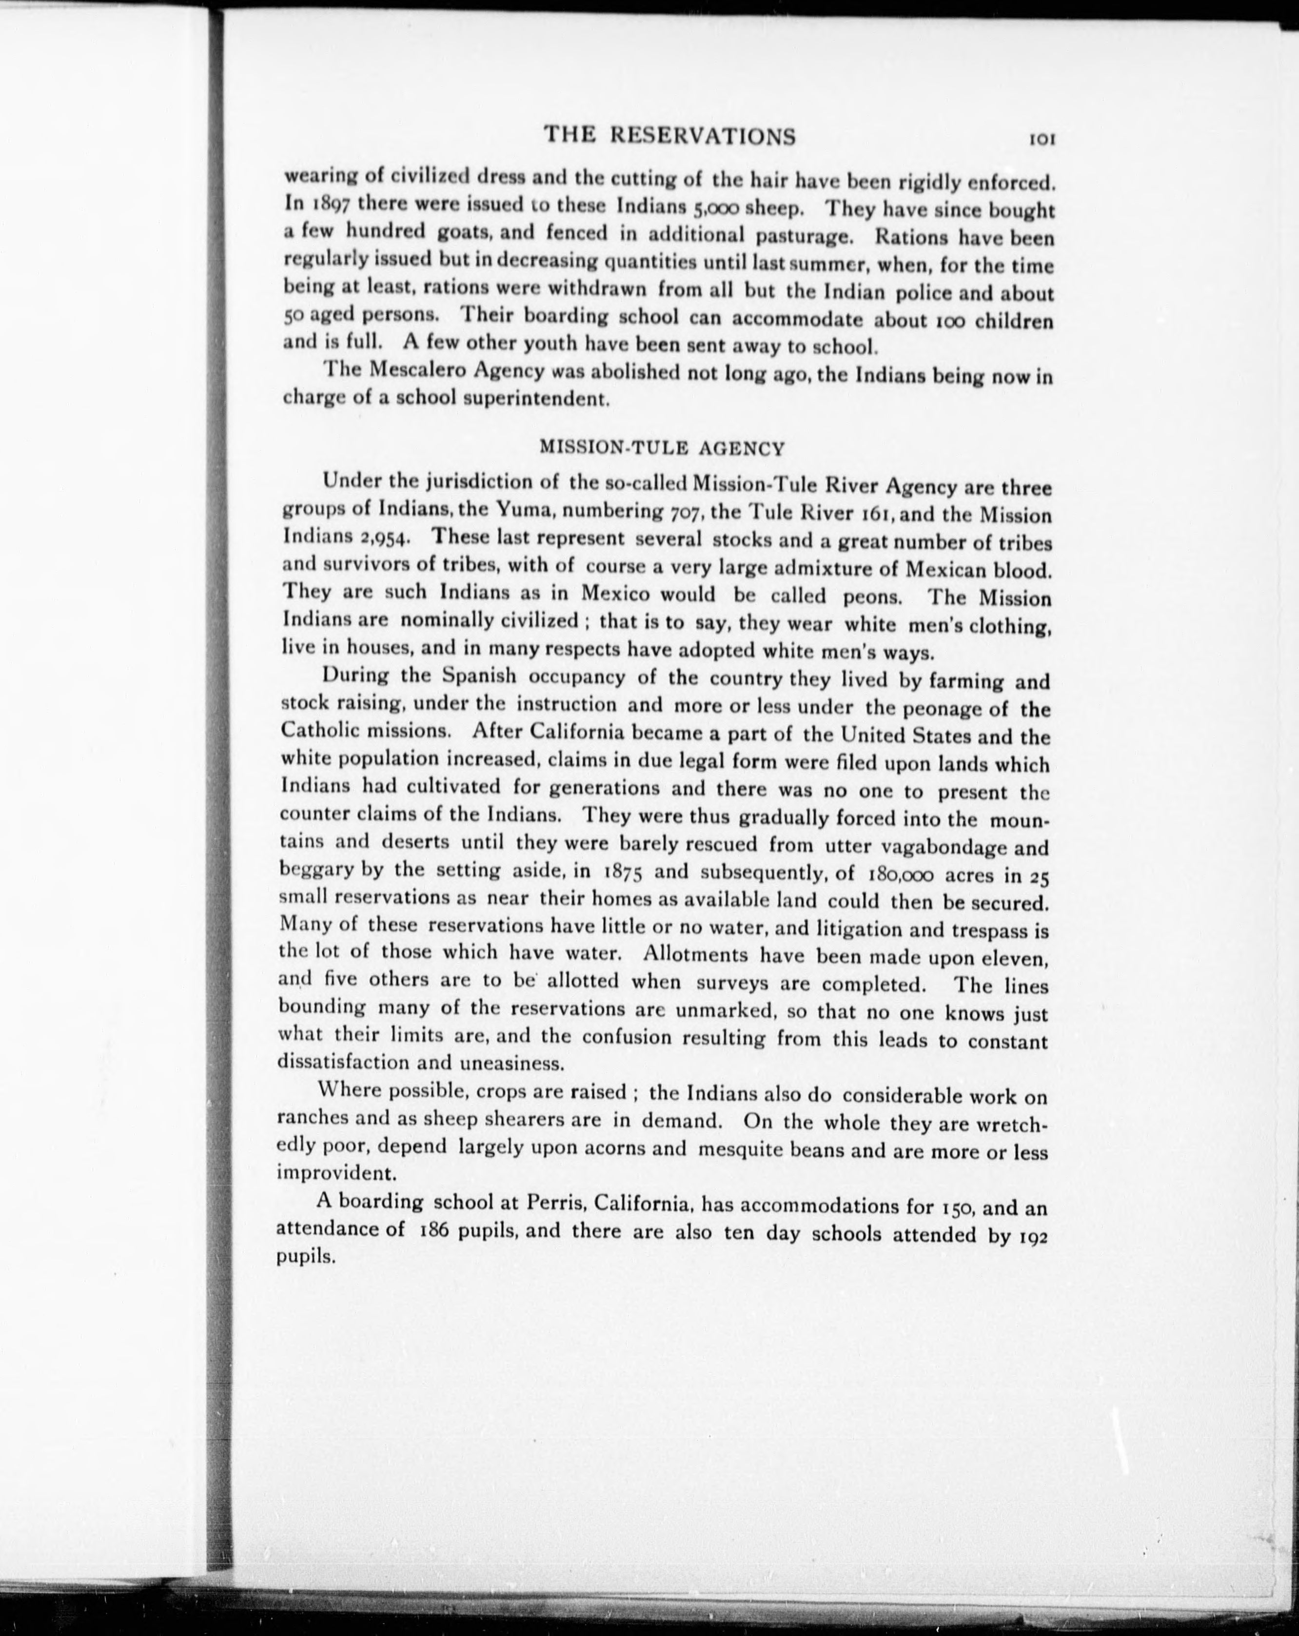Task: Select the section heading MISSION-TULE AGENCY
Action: pyautogui.click(x=661, y=448)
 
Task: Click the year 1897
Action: pyautogui.click(x=329, y=204)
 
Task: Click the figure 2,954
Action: pyautogui.click(x=382, y=537)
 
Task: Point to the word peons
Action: pyautogui.click(x=872, y=596)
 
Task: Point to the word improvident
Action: pyautogui.click(x=336, y=1173)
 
